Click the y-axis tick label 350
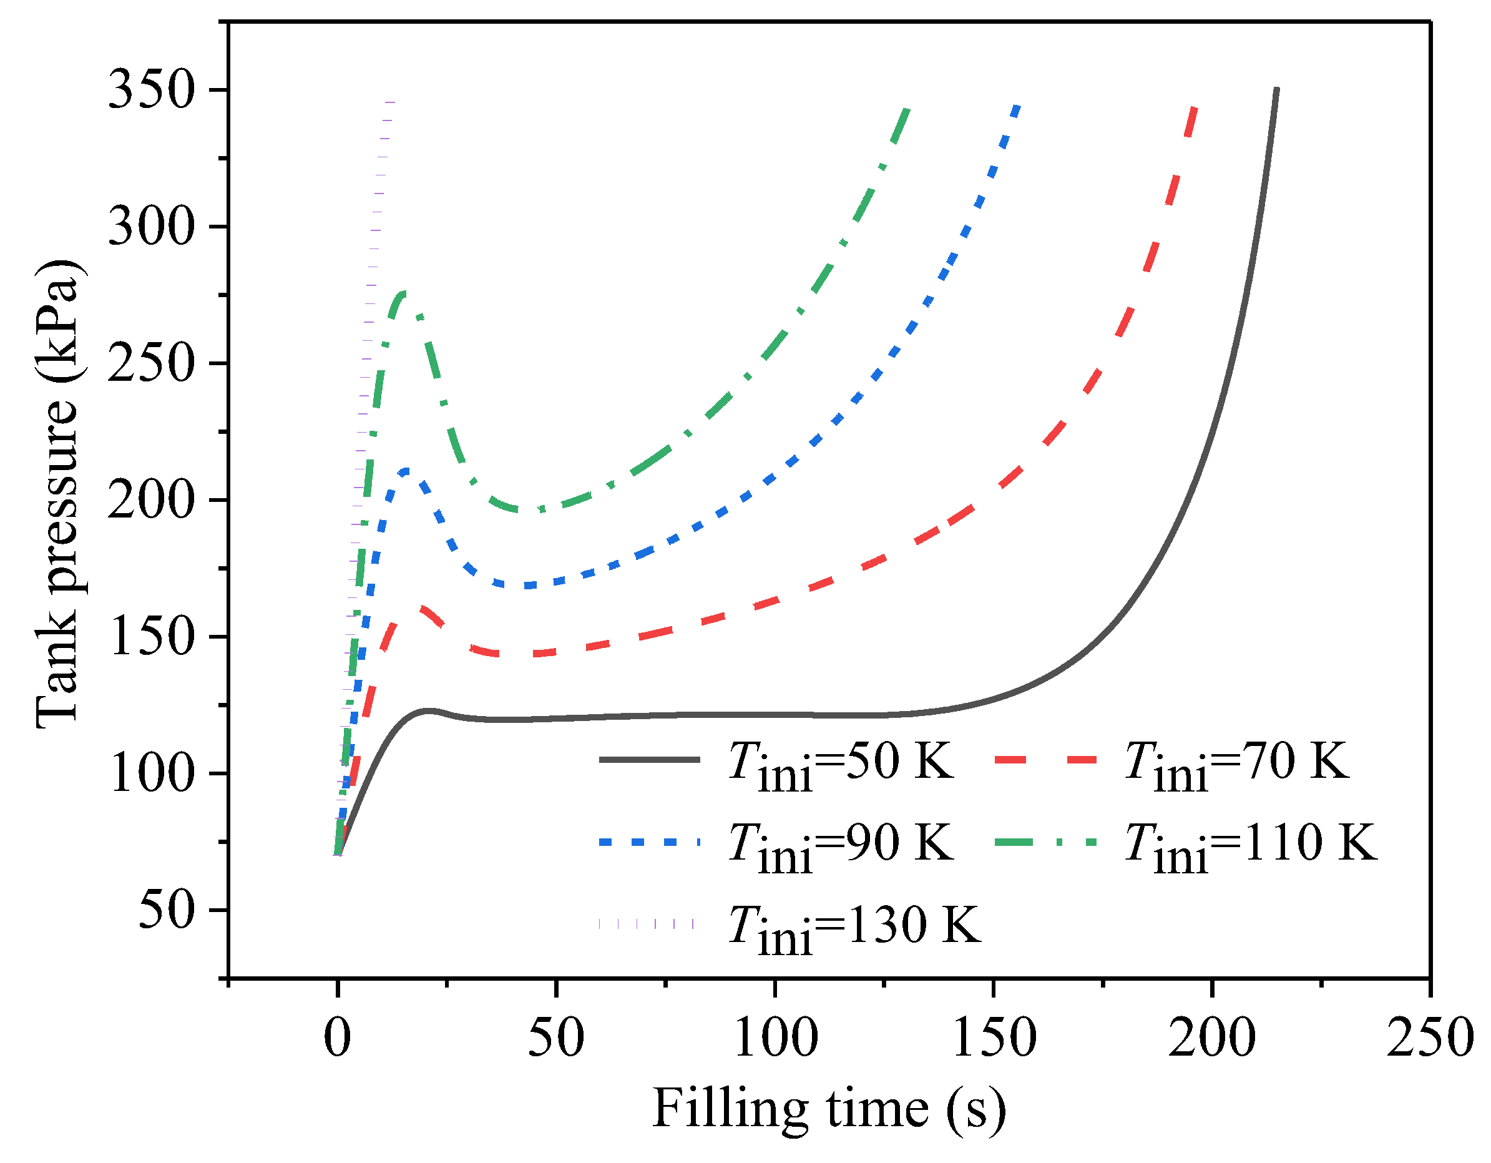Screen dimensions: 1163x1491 click(x=151, y=90)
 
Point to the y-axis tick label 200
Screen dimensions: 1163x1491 click(x=151, y=500)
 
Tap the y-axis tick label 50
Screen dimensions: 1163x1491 click(x=167, y=910)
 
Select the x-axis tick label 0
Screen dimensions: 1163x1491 click(x=337, y=1038)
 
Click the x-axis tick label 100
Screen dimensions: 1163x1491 click(x=775, y=1038)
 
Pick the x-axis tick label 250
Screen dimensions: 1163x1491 click(x=1430, y=1038)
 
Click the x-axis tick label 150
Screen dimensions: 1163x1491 click(x=994, y=1038)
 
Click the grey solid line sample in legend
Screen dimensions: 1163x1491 click(x=649, y=759)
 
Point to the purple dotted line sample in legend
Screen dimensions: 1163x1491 click(x=646, y=923)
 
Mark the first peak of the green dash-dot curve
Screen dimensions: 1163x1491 click(x=403, y=293)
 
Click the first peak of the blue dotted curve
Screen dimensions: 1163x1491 click(x=406, y=471)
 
